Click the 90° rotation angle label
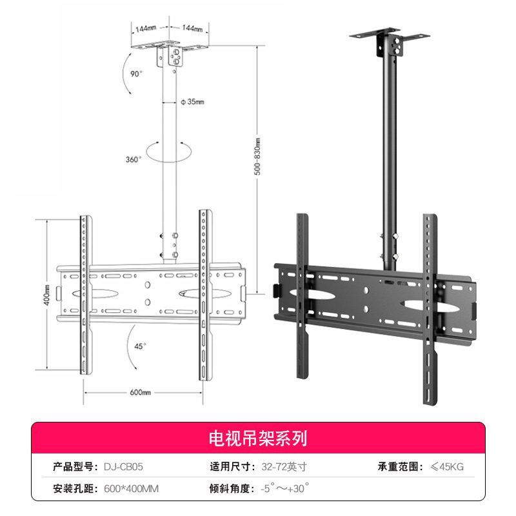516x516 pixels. click(x=136, y=74)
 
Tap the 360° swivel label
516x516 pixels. click(x=134, y=160)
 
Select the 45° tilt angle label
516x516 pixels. click(x=140, y=345)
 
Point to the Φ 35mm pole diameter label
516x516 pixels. click(x=193, y=102)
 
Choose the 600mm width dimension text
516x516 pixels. click(x=140, y=392)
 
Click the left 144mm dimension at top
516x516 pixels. click(x=146, y=28)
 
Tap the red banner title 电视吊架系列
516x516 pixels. click(x=257, y=440)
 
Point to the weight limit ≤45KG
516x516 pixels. click(x=446, y=466)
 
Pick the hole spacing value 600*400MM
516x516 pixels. click(x=131, y=489)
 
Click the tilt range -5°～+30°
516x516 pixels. click(x=284, y=488)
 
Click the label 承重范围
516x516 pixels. click(x=400, y=466)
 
